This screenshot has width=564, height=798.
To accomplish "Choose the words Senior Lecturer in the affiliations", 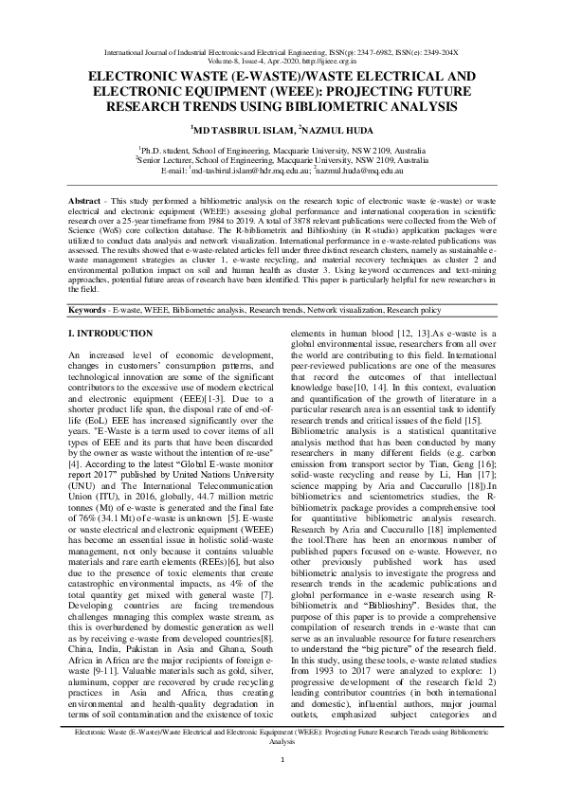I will click(x=168, y=161).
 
